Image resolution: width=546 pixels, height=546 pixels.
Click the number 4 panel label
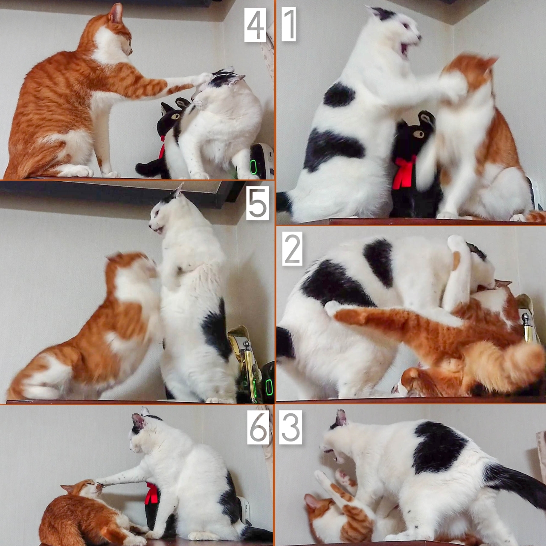tap(255, 25)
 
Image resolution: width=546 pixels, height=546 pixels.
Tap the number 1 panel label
tap(289, 24)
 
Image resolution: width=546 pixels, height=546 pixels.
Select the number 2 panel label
tap(292, 249)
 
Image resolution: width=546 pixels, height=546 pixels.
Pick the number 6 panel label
tap(258, 427)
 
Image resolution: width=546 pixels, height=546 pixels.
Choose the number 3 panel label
tap(291, 427)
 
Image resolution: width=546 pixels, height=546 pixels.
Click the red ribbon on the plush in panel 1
tap(404, 173)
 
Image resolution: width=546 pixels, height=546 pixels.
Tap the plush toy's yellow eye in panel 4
tap(176, 116)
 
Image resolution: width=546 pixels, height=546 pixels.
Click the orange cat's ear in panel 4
tap(116, 13)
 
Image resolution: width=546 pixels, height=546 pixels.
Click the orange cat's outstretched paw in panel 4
tap(203, 78)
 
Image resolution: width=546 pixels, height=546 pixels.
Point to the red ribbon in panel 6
tap(151, 493)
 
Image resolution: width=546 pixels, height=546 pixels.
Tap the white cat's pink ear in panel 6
tap(138, 421)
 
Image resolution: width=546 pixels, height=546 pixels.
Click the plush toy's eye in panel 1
tap(418, 133)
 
